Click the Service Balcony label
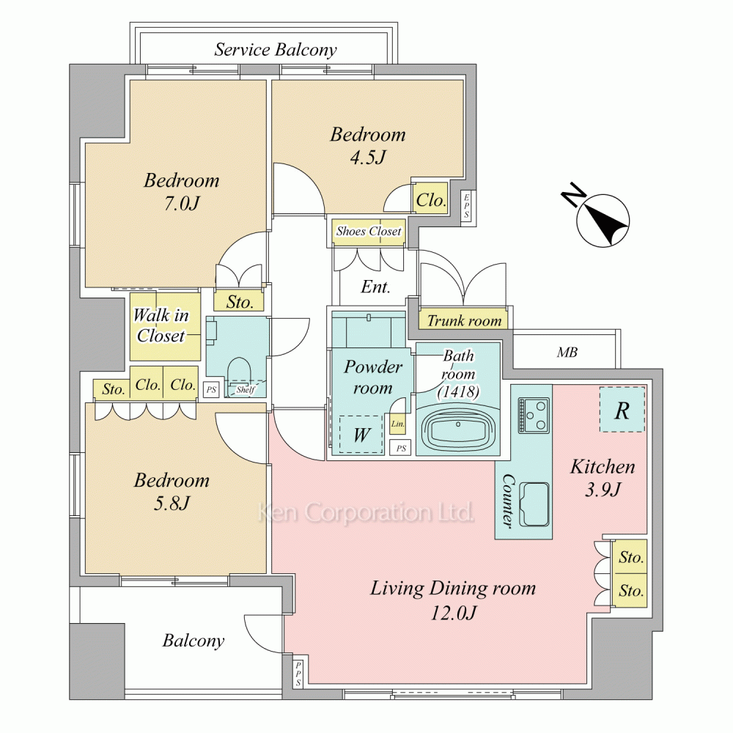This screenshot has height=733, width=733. [x=276, y=50]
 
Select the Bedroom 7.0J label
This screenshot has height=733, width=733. [x=181, y=191]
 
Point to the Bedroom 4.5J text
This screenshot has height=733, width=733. [x=368, y=145]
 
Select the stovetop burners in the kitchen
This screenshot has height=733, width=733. [x=533, y=415]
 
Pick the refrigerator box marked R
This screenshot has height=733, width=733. [x=622, y=410]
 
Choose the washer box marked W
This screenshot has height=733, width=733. [x=361, y=434]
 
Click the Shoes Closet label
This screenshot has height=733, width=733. [x=369, y=231]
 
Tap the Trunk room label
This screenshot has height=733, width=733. [x=464, y=321]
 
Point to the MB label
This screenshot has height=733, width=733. [x=567, y=352]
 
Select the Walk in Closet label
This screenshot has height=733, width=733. [x=161, y=325]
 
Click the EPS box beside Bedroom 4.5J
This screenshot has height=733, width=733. [x=466, y=206]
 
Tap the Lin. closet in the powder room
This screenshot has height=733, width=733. [x=398, y=424]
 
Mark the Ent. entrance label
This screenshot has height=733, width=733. [x=376, y=287]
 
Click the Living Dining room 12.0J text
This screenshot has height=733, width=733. [x=453, y=600]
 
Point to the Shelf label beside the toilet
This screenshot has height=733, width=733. [x=246, y=389]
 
